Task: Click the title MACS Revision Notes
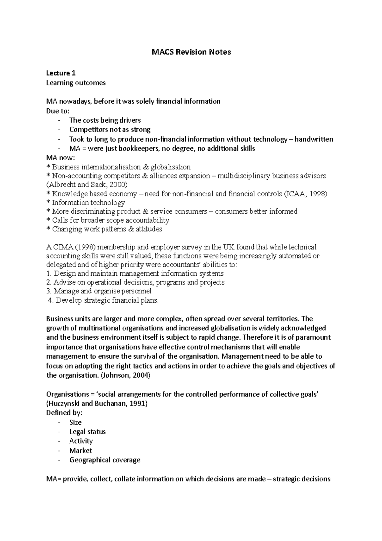click(191, 52)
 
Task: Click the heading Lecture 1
click(61, 73)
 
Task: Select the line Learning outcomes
click(76, 83)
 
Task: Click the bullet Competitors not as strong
click(110, 130)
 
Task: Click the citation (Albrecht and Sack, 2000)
click(87, 184)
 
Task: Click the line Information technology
click(88, 203)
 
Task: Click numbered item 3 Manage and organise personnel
click(99, 291)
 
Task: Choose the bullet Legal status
click(87, 432)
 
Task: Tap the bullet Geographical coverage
click(105, 460)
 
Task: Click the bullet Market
click(81, 451)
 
